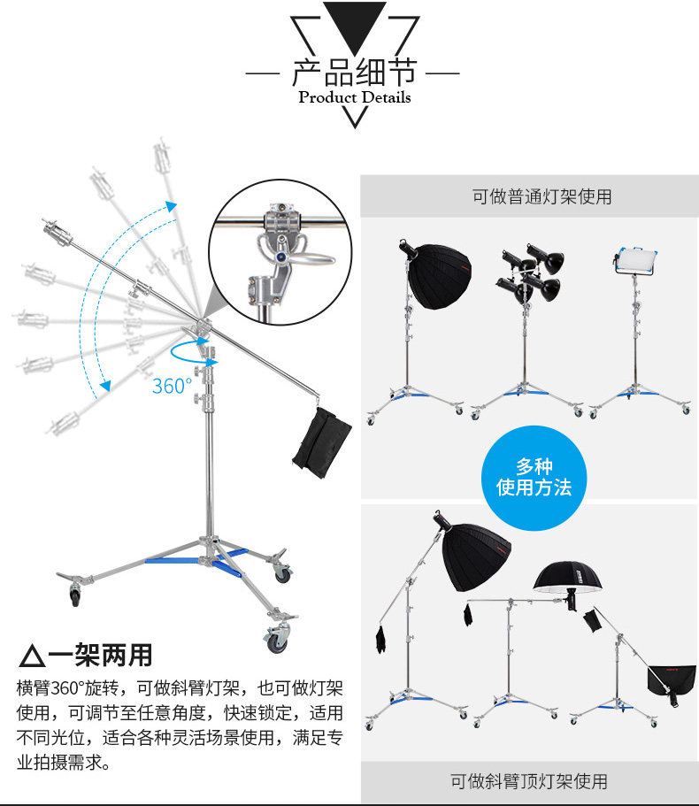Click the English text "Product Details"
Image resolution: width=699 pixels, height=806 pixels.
354,97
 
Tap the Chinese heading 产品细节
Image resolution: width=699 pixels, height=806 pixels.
354,71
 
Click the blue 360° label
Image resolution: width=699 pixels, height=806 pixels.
172,387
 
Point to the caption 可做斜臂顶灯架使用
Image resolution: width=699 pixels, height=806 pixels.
529,781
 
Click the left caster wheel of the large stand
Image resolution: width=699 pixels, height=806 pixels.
75,593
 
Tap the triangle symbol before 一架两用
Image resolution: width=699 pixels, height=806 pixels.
32,656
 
